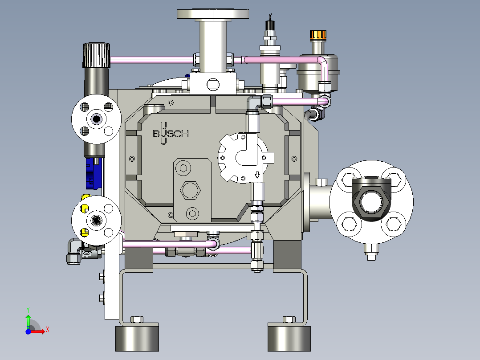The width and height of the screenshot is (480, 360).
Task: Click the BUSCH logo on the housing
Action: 171,134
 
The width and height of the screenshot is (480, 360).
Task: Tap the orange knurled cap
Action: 318,35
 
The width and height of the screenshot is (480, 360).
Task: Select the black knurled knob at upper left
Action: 96,55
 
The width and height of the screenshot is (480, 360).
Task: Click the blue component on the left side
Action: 93,173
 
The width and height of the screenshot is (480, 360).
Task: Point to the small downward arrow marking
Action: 257,175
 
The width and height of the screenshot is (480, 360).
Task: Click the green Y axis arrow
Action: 28,320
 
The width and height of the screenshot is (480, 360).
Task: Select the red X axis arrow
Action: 37,331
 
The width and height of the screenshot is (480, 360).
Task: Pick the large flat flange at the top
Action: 213,14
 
